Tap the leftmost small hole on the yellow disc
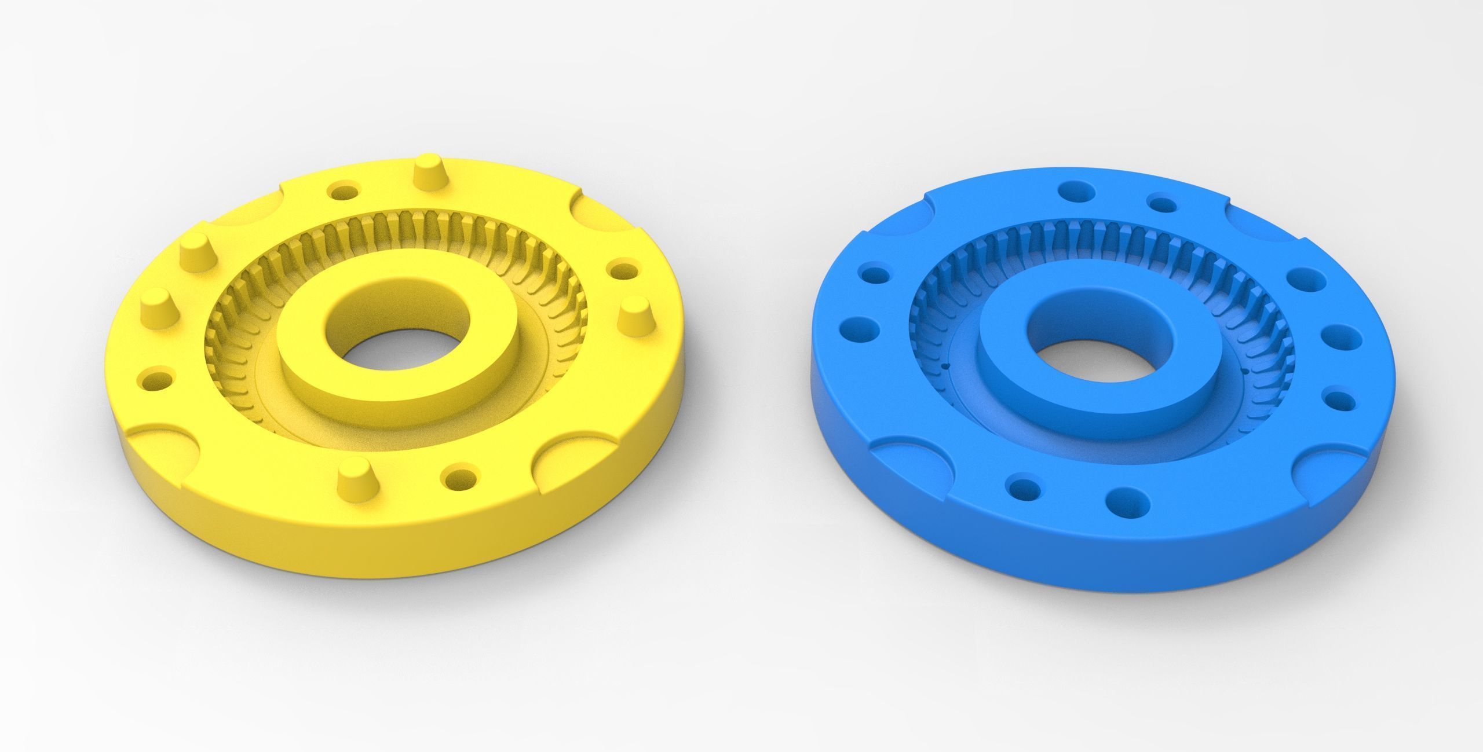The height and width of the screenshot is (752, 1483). click(158, 381)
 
